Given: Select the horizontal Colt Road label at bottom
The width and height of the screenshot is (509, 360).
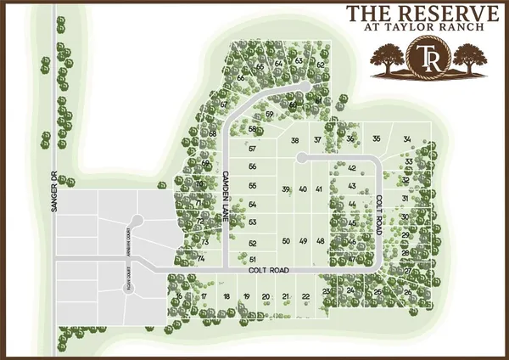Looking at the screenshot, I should (x=270, y=270).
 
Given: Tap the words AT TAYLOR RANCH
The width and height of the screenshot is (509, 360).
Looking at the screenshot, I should (x=421, y=27).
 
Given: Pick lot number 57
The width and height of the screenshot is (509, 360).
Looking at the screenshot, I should (x=252, y=149).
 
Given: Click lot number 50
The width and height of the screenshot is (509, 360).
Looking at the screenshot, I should (x=286, y=241).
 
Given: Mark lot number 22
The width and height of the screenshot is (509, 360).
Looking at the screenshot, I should (x=305, y=296).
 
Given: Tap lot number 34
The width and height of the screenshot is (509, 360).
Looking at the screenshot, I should (x=407, y=139).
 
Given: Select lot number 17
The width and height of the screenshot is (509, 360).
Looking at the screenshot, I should (x=204, y=296).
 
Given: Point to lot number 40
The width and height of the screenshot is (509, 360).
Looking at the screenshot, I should (x=303, y=188).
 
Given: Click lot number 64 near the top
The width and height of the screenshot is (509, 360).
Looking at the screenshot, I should (x=279, y=64).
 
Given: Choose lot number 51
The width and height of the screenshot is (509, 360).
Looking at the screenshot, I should (x=252, y=258).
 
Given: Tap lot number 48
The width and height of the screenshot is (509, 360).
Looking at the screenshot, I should (x=321, y=241).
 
